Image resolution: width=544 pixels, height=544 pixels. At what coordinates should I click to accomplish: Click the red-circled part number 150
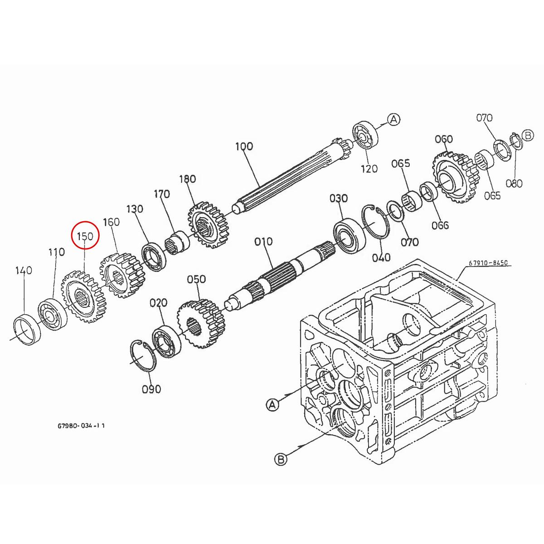[85, 236]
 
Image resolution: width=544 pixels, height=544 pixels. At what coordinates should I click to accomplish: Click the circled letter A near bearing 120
[394, 119]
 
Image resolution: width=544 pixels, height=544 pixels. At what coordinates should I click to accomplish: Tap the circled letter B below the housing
[281, 459]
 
